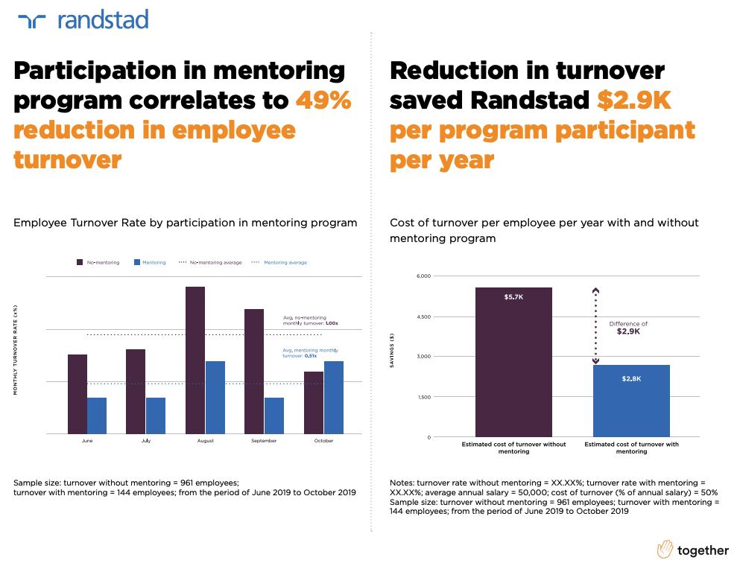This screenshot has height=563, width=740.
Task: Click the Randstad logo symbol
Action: tap(32, 20)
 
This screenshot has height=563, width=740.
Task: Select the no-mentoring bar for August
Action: tap(195, 360)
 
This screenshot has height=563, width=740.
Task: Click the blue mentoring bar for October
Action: tap(334, 397)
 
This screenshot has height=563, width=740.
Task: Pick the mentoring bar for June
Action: tap(97, 416)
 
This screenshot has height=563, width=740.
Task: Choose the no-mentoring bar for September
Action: tap(254, 371)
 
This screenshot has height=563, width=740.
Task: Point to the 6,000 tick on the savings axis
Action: tap(423, 276)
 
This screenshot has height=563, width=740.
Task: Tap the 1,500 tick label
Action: tap(423, 397)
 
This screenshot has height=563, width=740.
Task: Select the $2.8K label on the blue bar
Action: tap(631, 379)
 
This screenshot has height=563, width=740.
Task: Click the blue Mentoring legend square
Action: tap(137, 262)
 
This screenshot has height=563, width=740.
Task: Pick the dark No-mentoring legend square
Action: tap(80, 262)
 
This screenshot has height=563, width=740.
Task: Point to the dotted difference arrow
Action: tap(595, 325)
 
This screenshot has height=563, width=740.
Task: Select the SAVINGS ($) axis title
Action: tap(392, 351)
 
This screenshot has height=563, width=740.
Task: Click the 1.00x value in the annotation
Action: tap(332, 323)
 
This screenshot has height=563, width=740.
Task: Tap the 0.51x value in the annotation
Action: tap(309, 356)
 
